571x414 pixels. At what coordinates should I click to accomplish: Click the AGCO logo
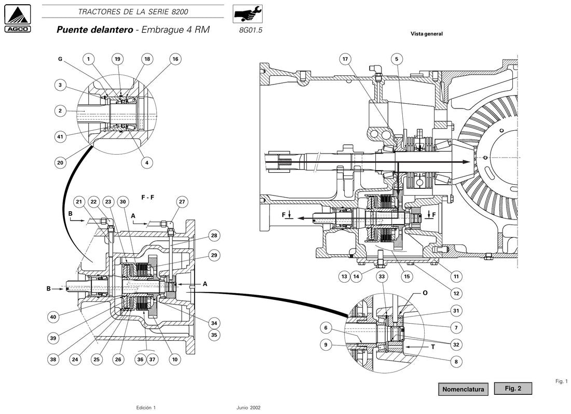[18, 19]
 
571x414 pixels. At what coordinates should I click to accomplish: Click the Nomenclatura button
[463, 389]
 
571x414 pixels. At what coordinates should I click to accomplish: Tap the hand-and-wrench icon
[247, 14]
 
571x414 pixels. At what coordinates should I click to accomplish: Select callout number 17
[345, 59]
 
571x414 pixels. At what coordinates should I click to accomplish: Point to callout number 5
[397, 59]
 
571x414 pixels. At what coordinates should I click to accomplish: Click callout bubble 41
[60, 137]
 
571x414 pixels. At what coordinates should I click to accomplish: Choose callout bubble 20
[60, 162]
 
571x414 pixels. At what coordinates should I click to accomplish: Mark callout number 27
[182, 201]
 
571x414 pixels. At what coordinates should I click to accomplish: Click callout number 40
[53, 317]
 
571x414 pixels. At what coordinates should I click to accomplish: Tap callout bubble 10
[175, 360]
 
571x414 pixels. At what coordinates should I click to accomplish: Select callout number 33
[382, 277]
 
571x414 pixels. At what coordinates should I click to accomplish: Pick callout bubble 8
[456, 362]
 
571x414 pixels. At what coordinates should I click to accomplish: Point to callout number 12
[456, 293]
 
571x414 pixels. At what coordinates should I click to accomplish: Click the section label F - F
[147, 198]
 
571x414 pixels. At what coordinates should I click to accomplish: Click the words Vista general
[426, 34]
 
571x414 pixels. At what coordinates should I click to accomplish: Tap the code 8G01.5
[251, 30]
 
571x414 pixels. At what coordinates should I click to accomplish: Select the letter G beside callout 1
[60, 59]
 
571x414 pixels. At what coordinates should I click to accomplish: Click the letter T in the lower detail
[432, 347]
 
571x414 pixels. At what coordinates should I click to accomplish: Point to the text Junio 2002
[248, 408]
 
